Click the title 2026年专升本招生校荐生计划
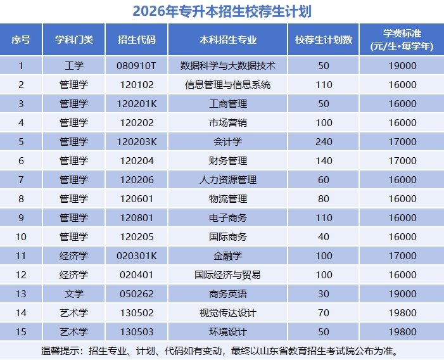coord(222,11)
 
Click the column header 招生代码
coord(136,39)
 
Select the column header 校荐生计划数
coord(324,39)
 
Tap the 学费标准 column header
coord(402,39)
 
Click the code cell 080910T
coord(136,65)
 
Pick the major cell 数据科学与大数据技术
coord(228,65)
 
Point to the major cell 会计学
coord(228,141)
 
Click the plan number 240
coord(324,141)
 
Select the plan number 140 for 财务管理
coord(324,161)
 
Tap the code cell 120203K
coord(136,141)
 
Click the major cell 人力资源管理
coord(228,180)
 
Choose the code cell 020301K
coord(136,256)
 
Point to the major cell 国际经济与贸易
coord(228,275)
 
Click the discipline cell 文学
coord(74,294)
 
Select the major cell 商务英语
coord(228,294)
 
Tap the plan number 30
coord(324,294)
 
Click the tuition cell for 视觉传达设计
coord(402,313)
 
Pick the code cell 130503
coord(136,332)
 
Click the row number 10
coord(21,237)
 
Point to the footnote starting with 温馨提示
coord(222,350)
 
